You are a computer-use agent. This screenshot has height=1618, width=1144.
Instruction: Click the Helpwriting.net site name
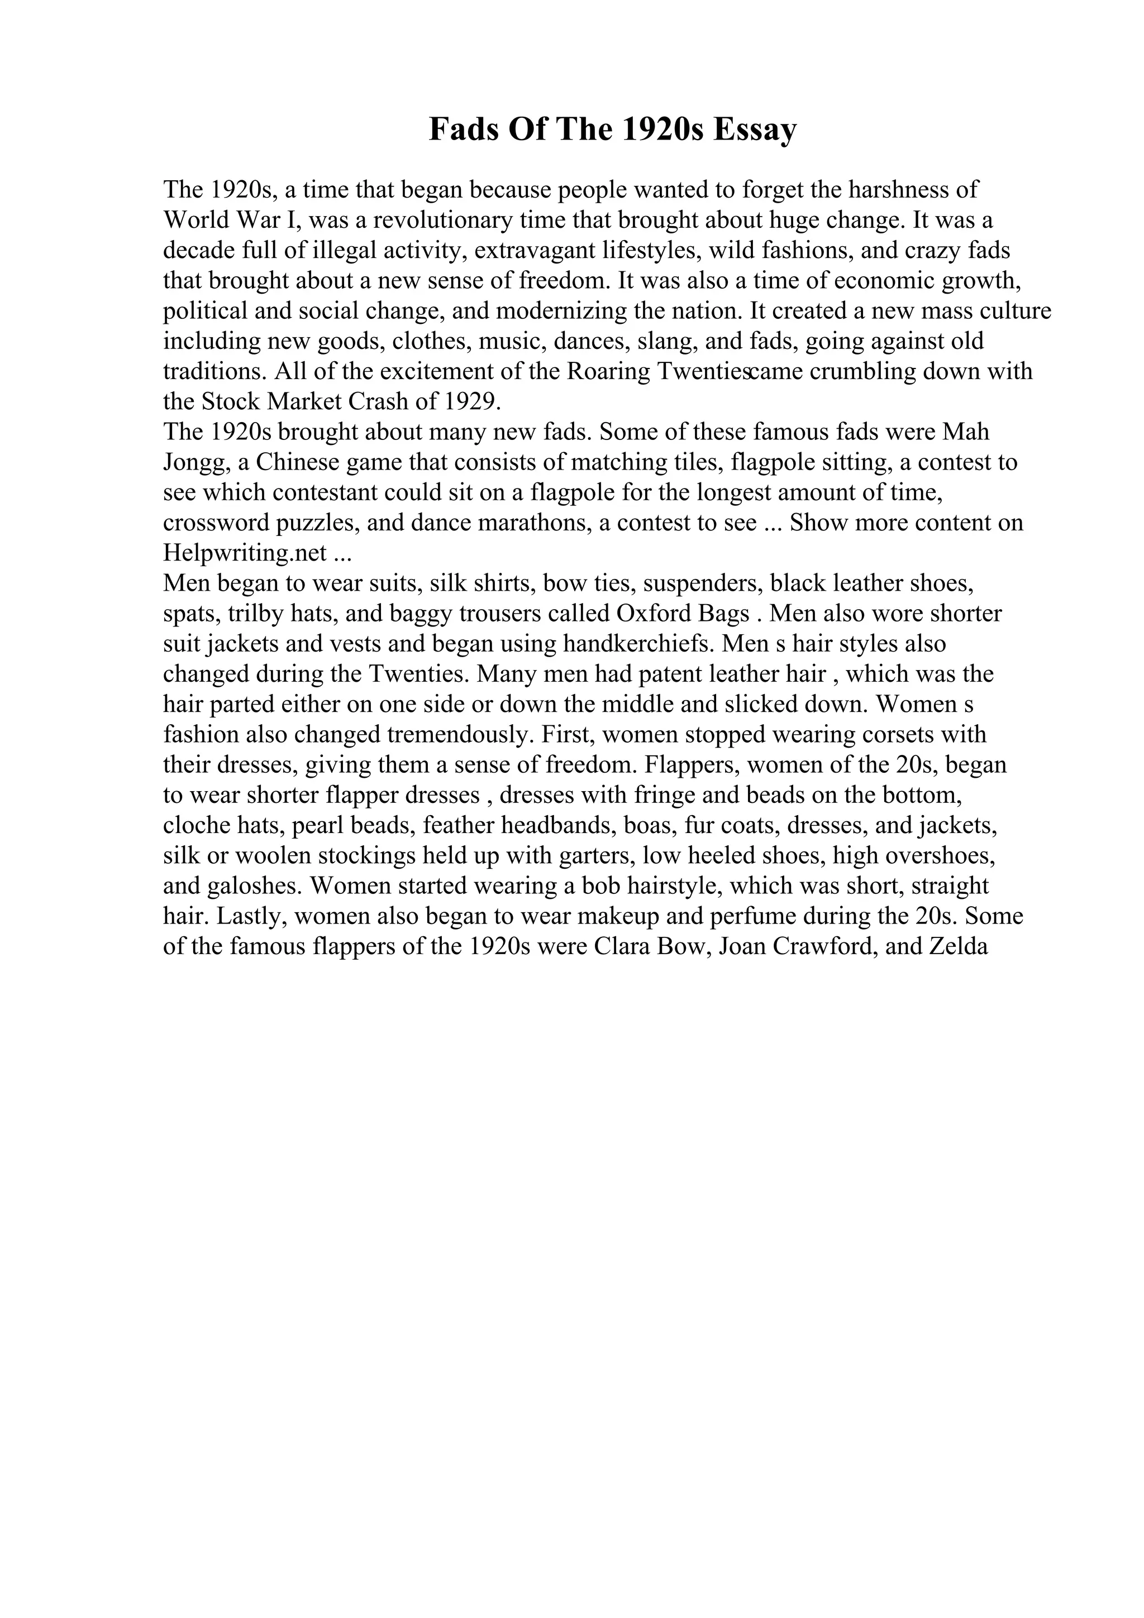(x=245, y=553)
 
